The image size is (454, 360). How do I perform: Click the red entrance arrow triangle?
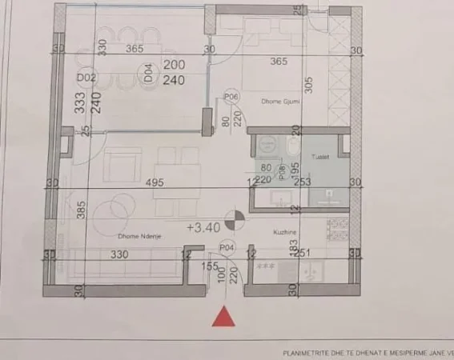point(227,317)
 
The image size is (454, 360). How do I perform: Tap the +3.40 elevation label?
point(203,227)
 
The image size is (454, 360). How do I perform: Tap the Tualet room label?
point(322,158)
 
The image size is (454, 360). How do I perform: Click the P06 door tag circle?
point(232,97)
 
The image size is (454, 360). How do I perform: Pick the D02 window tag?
point(87,78)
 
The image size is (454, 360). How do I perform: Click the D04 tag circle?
point(149,77)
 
